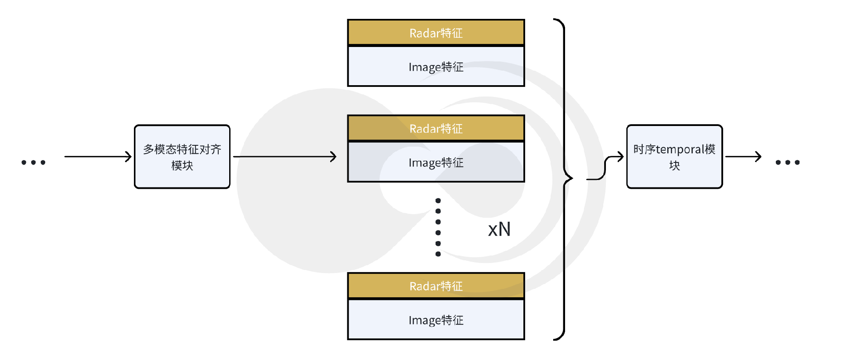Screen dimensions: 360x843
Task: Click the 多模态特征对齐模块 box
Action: point(182,157)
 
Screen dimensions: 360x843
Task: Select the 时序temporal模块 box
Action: point(674,157)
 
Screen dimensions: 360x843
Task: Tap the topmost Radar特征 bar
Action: point(436,32)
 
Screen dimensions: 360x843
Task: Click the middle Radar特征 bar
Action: point(436,128)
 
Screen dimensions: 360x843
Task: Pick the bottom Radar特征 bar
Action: point(436,286)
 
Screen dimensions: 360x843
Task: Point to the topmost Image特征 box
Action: point(436,66)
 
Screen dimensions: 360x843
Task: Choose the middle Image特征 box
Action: point(436,162)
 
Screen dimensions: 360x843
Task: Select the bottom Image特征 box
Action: point(436,320)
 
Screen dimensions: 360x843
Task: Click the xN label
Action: point(499,229)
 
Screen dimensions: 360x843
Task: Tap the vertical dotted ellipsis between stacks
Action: point(438,227)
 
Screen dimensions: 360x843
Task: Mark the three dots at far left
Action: point(33,162)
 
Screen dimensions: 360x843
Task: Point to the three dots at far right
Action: point(788,162)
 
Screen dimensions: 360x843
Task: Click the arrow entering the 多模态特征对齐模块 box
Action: point(97,156)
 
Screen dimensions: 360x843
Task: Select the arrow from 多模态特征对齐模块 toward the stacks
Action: point(285,156)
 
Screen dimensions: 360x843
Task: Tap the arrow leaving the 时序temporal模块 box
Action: point(743,156)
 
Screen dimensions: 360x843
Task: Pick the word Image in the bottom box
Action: point(424,320)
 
